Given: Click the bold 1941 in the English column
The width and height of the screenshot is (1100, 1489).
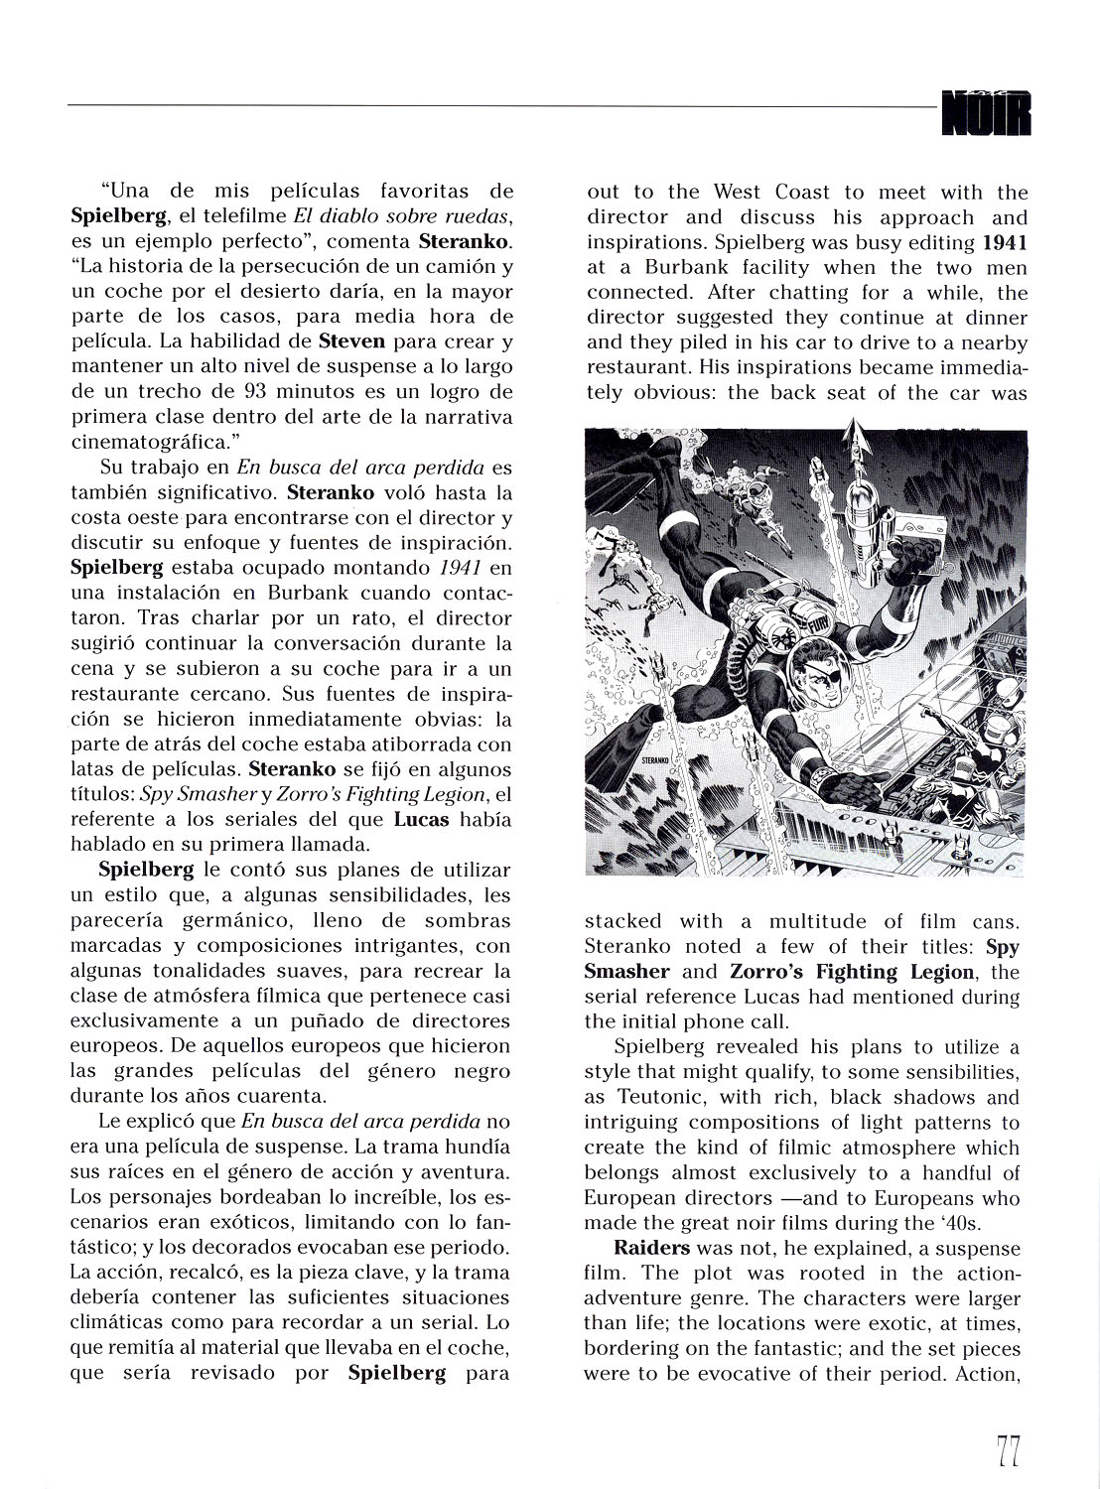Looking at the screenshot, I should pyautogui.click(x=1005, y=242).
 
